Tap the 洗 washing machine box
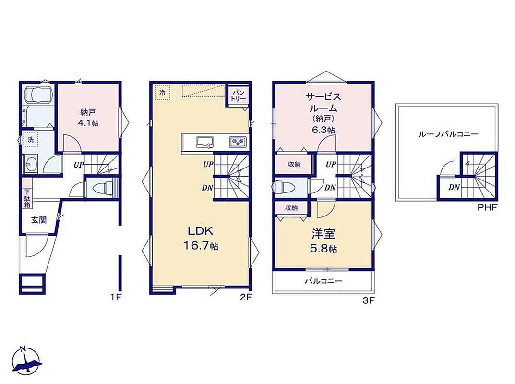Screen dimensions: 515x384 tap(31, 139)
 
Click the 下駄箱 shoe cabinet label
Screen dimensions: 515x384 tap(27, 198)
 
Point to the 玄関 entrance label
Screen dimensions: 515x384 tap(39, 220)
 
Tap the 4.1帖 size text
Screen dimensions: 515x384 tap(88, 123)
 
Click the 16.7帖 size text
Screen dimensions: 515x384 tap(200, 246)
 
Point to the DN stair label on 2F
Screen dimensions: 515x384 tap(207, 188)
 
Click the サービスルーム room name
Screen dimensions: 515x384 tap(323, 102)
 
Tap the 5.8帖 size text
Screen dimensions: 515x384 tap(323, 249)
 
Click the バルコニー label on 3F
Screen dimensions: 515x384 tap(323, 281)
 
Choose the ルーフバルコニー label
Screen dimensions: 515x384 tap(448, 134)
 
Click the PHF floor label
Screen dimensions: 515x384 tap(488, 207)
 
